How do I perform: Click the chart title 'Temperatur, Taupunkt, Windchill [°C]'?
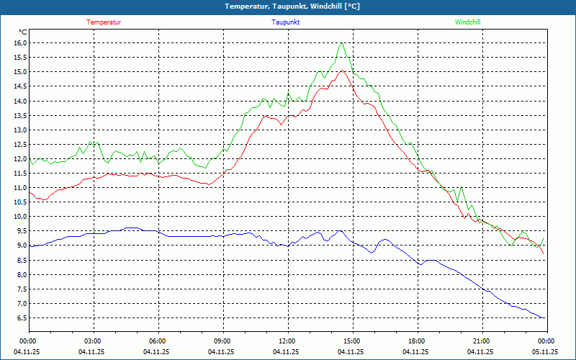(x=288, y=6)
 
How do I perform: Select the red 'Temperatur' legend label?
(x=104, y=22)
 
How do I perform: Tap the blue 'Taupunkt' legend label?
(x=285, y=22)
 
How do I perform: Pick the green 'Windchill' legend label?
(x=467, y=22)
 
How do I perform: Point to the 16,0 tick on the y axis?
(x=20, y=43)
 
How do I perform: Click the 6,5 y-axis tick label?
(x=20, y=318)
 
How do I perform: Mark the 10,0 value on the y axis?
(x=20, y=217)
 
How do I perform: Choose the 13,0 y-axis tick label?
(x=20, y=130)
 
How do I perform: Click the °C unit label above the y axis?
(x=23, y=32)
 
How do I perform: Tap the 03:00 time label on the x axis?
(x=93, y=341)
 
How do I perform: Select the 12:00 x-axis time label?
(x=287, y=341)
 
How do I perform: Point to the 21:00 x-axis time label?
(x=481, y=341)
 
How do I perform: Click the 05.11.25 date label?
(x=545, y=352)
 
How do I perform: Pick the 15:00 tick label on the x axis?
(x=351, y=341)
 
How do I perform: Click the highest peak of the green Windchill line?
(x=342, y=42)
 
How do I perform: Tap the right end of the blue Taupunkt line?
(x=544, y=318)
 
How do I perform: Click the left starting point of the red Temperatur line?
(x=29, y=192)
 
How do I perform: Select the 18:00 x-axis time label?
(x=416, y=341)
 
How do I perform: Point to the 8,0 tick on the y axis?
(x=20, y=274)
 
